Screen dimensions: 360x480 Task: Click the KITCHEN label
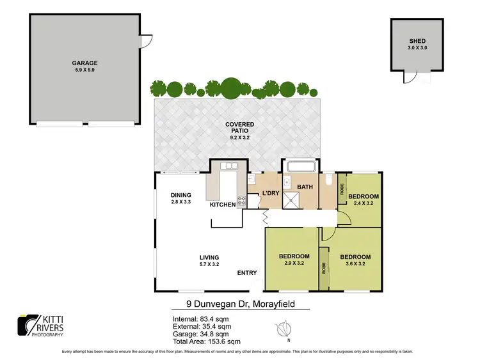coord(223,205)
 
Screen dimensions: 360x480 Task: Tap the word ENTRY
coord(247,273)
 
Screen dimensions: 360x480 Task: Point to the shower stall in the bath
coord(291,201)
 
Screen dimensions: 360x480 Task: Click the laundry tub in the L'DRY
coord(252,180)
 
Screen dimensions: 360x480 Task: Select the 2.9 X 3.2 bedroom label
coord(294,260)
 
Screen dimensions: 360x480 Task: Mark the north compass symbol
coord(284,331)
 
